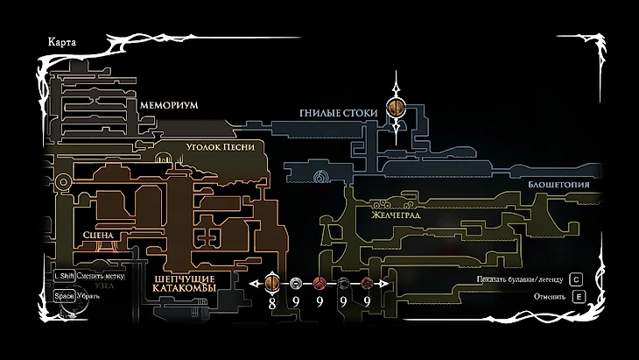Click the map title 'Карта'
[51, 41]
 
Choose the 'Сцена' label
[101, 236]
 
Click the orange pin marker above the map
[396, 109]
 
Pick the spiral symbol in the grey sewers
[321, 179]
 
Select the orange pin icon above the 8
[271, 283]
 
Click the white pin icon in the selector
[296, 283]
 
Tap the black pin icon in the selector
[344, 283]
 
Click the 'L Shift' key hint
[63, 275]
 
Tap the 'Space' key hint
[63, 296]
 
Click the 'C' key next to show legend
[577, 279]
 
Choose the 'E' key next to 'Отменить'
[577, 297]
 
